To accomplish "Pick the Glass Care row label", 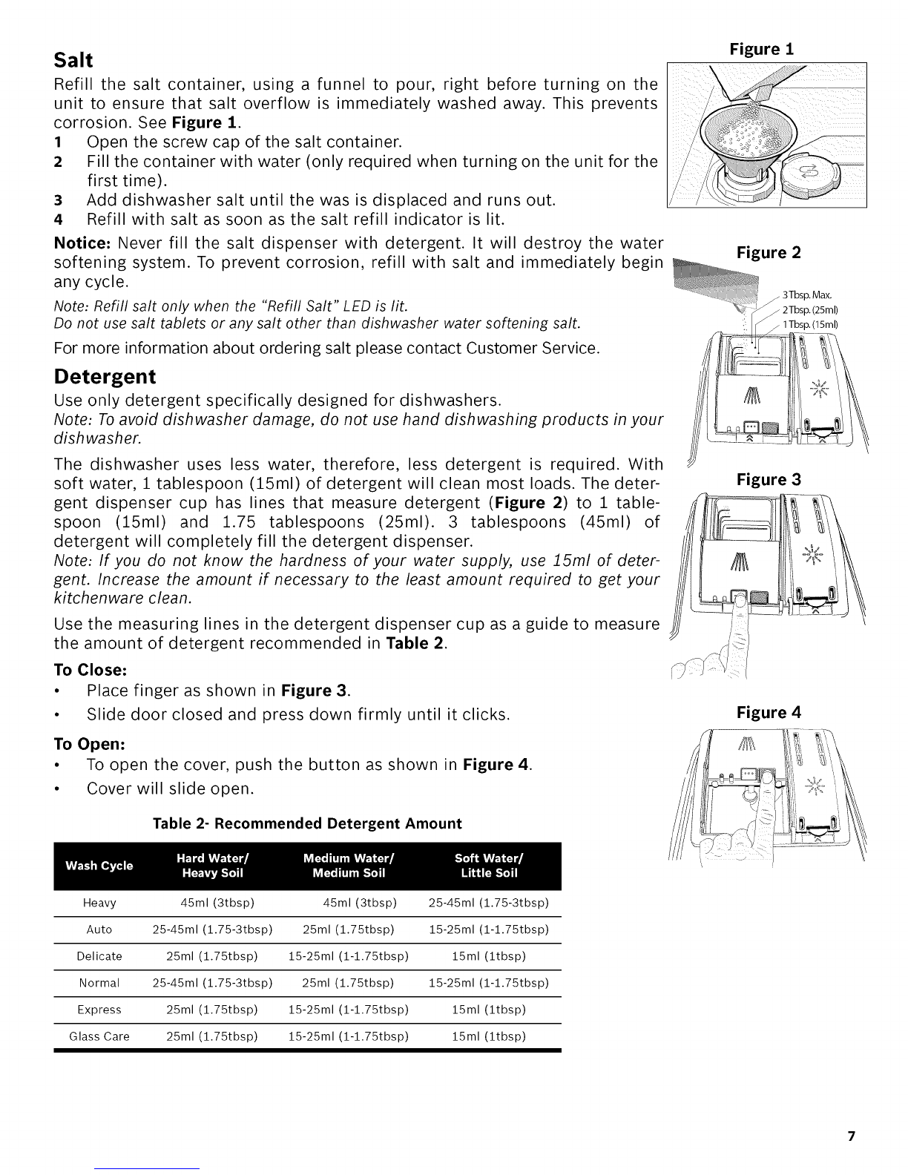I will click(99, 1036).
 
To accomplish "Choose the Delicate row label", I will click(99, 956).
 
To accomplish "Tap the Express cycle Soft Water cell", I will click(489, 1010).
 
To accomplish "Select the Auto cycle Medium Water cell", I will click(348, 929).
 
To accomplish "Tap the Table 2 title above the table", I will click(307, 823).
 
